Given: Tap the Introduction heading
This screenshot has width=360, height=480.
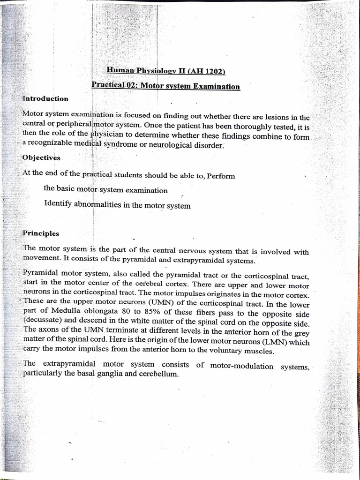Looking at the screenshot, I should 45,98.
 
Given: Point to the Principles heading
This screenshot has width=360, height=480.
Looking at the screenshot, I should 41,233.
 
